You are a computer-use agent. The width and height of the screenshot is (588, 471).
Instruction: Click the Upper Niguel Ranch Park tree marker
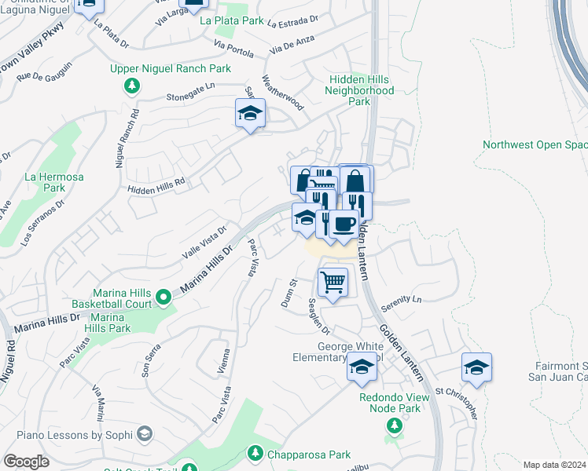133,86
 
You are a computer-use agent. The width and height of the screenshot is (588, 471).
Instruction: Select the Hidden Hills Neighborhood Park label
359,90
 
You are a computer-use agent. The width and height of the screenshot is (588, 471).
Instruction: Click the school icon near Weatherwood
250,114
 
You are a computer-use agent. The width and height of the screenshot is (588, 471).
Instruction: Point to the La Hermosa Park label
53,182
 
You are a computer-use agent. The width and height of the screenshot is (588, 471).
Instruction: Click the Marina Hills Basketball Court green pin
164,297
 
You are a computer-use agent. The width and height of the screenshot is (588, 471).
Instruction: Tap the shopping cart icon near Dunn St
333,281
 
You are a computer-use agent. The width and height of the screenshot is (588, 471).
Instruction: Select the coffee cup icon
344,225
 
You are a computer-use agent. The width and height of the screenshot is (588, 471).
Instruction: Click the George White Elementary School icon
362,367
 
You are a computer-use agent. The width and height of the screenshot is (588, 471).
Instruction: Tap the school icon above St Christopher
476,367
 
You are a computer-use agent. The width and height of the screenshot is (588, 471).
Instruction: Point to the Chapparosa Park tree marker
255,453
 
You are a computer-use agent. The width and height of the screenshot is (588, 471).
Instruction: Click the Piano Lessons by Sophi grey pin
144,433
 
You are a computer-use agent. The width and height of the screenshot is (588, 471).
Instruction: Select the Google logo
26,462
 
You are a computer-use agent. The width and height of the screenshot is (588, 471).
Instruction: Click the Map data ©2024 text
553,465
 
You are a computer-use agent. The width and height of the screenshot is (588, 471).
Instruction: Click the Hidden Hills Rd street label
156,185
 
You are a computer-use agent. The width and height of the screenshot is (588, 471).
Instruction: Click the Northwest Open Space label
535,144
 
